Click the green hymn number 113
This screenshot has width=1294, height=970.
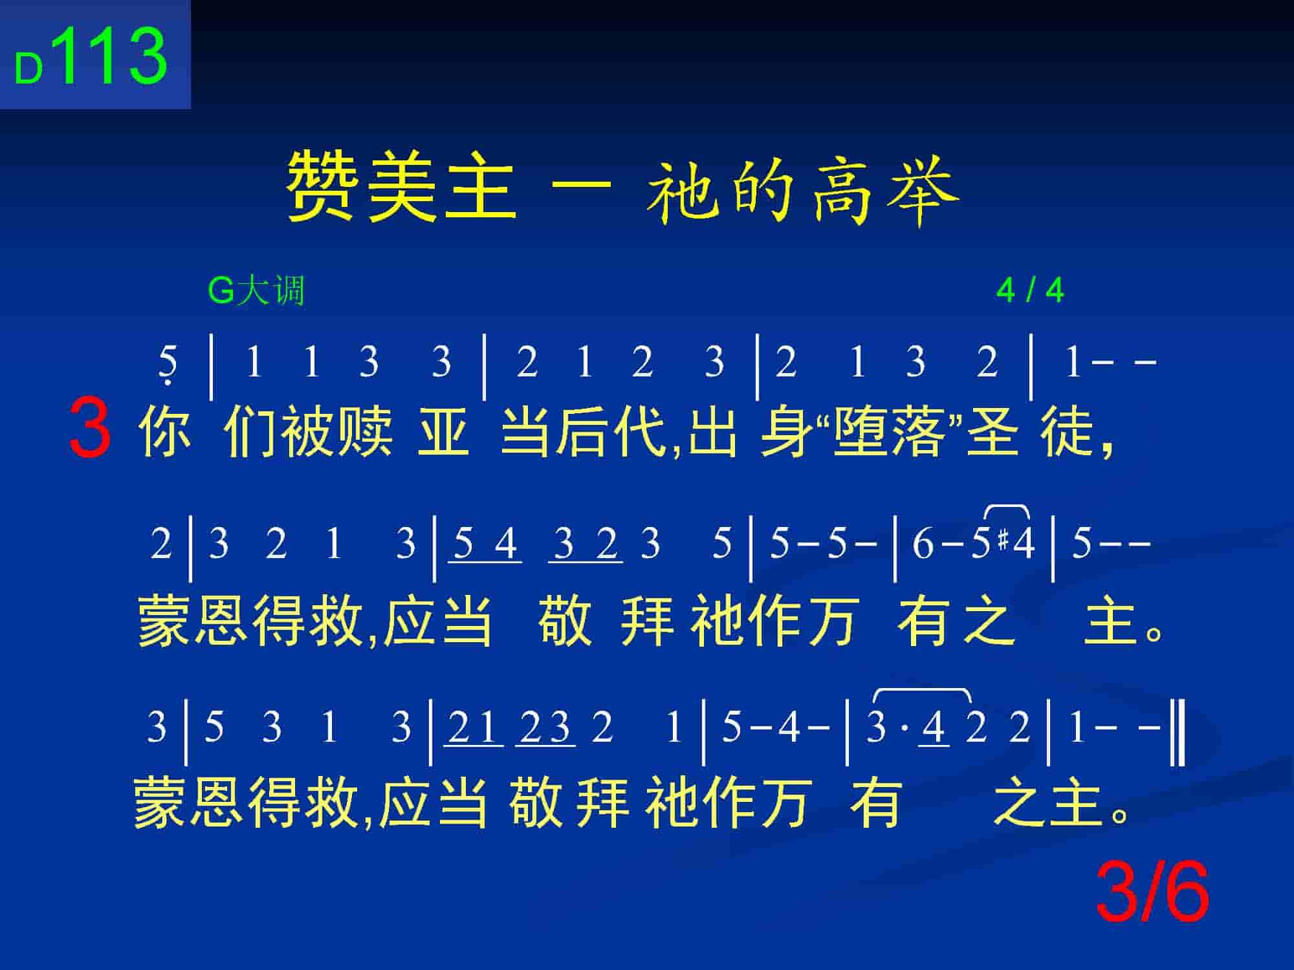click(113, 56)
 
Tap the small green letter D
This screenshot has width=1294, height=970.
click(29, 69)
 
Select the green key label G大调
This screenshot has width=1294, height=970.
click(256, 290)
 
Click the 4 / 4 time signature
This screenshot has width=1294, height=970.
click(1030, 291)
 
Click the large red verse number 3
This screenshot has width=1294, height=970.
click(90, 428)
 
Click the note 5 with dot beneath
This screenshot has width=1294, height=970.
click(168, 365)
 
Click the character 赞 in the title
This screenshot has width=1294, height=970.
click(323, 187)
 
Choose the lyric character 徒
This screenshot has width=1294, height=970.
click(1068, 430)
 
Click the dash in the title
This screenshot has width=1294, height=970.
click(581, 186)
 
